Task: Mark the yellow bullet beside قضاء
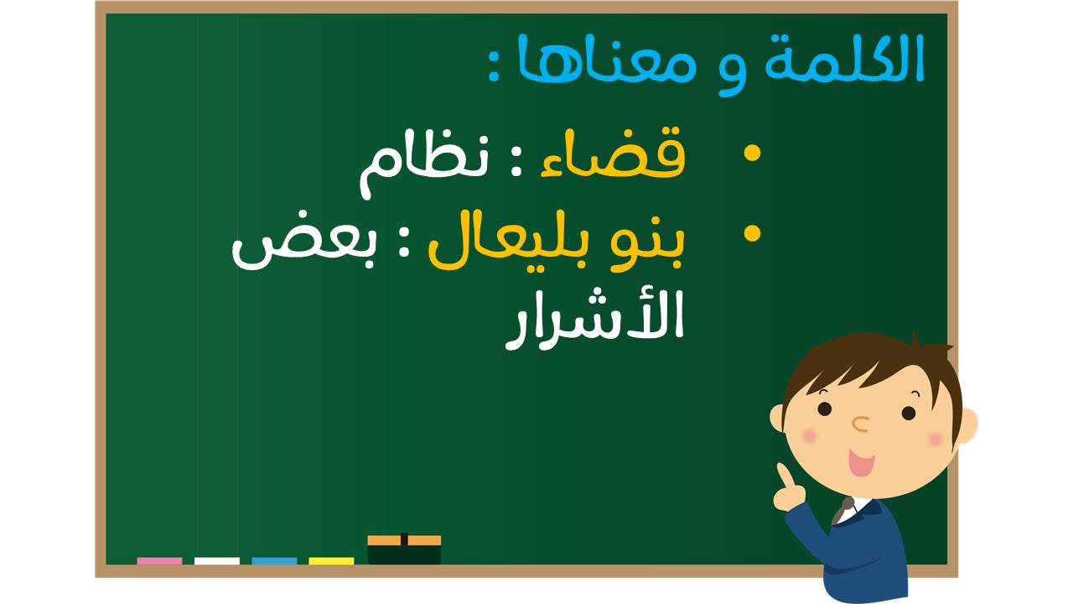pyautogui.click(x=752, y=153)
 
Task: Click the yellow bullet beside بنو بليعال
pyautogui.click(x=752, y=233)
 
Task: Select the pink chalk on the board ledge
pyautogui.click(x=159, y=561)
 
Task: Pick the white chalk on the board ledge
pyautogui.click(x=216, y=561)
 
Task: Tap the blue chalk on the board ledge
pyautogui.click(x=274, y=561)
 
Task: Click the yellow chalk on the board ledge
pyautogui.click(x=331, y=561)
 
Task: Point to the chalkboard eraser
pyautogui.click(x=404, y=549)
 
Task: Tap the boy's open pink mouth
pyautogui.click(x=861, y=462)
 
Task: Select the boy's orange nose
pyautogui.click(x=860, y=424)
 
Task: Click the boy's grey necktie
pyautogui.click(x=842, y=511)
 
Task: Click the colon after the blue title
pyautogui.click(x=495, y=69)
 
